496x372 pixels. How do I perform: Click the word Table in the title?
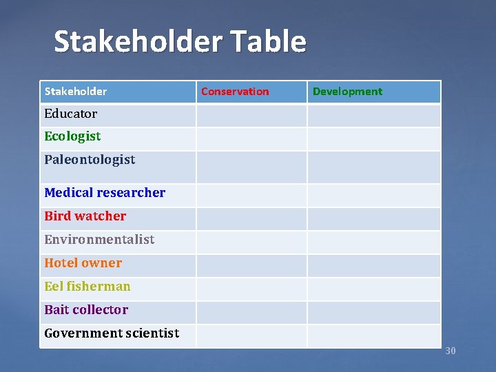(x=266, y=42)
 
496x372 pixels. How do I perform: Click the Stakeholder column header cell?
(x=76, y=92)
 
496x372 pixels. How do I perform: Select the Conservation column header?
(x=235, y=92)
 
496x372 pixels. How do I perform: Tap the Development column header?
(x=347, y=92)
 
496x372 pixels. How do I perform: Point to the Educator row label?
(x=71, y=114)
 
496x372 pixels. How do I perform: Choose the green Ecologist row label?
(x=72, y=136)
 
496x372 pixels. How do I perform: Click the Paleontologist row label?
(x=90, y=160)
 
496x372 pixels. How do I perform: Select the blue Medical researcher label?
(x=105, y=193)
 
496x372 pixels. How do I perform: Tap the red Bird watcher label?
(x=85, y=216)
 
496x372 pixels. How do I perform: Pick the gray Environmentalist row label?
(x=99, y=240)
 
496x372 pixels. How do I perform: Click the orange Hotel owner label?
(x=83, y=263)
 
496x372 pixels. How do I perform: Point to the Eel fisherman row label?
(x=87, y=287)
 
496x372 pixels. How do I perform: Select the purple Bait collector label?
(x=86, y=310)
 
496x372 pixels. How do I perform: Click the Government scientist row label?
(x=112, y=333)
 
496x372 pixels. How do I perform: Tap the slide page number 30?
(x=451, y=351)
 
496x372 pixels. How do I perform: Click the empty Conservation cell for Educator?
(x=251, y=116)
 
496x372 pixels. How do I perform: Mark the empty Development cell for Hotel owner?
(x=373, y=266)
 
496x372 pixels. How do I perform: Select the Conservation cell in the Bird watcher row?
(x=251, y=219)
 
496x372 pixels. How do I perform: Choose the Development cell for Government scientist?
(x=373, y=336)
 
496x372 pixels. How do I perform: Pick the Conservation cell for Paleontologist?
(x=251, y=167)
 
